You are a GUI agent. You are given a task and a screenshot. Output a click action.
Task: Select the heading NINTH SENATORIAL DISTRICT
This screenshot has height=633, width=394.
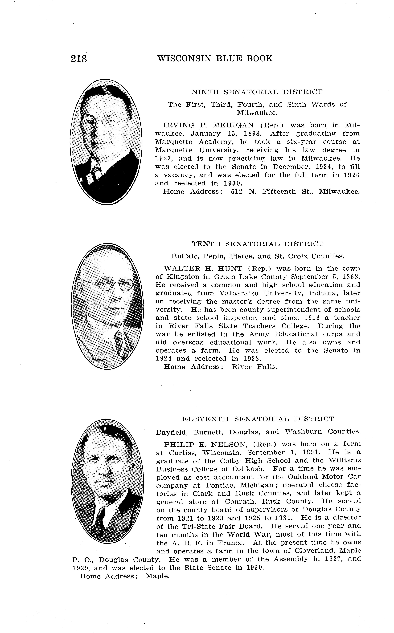(x=257, y=92)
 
